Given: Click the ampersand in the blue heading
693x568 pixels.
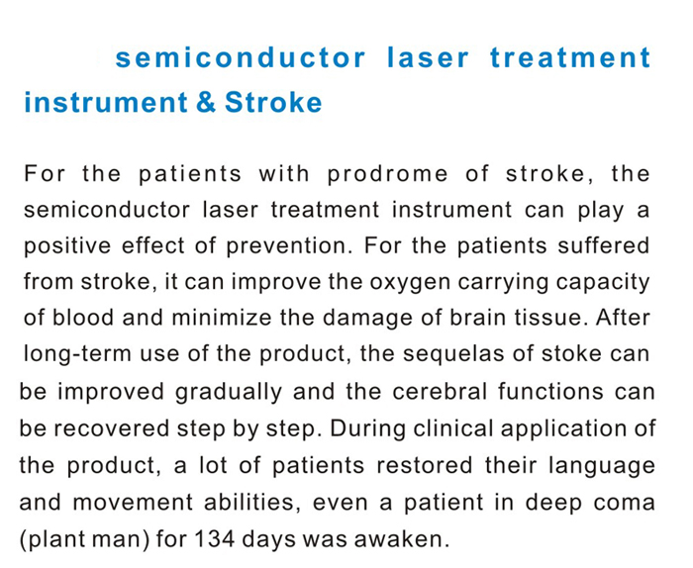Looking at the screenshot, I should [206, 103].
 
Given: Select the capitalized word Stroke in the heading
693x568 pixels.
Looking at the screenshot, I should [274, 103].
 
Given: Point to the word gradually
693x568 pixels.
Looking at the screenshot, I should [229, 392].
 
